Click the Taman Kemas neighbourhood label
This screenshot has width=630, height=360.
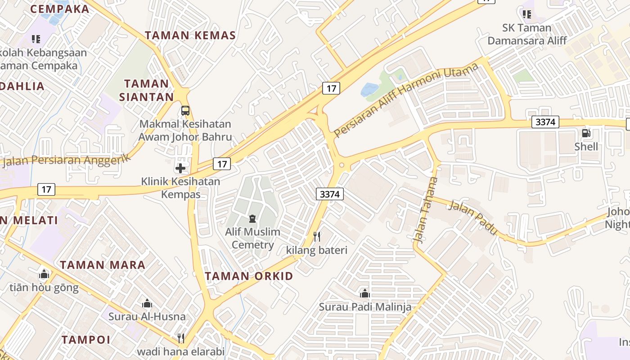point(190,36)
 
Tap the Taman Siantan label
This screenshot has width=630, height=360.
point(146,90)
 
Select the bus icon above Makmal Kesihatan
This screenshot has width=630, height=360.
point(185,110)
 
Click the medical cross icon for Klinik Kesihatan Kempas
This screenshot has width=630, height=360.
point(180,168)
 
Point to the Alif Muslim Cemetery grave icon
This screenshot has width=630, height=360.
point(252,219)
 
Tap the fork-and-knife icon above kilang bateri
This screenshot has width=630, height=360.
point(317,236)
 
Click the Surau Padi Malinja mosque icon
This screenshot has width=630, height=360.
point(365,293)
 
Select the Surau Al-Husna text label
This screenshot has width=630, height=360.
point(147,316)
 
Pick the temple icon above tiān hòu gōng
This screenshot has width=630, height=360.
point(44,274)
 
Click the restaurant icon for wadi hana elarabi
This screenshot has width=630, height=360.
point(180,338)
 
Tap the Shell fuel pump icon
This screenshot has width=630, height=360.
point(586,133)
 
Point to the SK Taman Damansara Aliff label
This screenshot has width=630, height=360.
point(527,34)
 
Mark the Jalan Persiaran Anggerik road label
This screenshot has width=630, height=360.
point(66,160)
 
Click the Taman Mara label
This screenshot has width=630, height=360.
point(103,265)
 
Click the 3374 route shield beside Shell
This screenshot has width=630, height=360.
point(545,122)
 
